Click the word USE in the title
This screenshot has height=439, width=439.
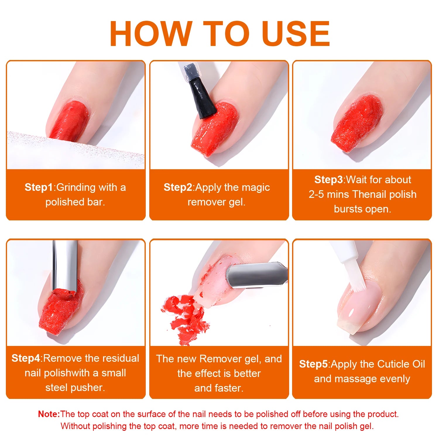[x=296, y=34]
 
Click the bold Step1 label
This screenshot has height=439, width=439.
[x=39, y=187]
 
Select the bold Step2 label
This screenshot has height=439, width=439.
[x=178, y=187]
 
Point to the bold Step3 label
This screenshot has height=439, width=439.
[x=328, y=180]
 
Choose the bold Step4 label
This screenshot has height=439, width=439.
[x=26, y=358]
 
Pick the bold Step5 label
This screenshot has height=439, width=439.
[x=313, y=364]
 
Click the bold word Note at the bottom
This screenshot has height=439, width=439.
[x=49, y=414]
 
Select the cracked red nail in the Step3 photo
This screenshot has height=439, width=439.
[x=357, y=123]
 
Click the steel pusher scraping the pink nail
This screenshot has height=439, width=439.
[x=255, y=275]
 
